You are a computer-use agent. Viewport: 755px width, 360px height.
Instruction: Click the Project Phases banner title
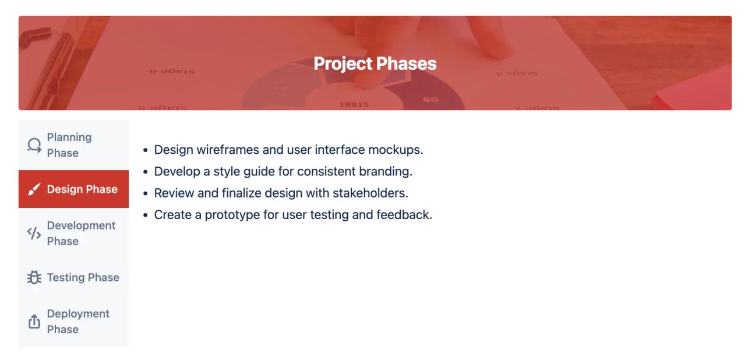(375, 63)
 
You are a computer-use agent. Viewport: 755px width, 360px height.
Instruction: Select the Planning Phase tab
(73, 145)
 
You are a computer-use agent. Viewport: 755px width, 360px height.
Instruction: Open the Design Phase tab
(73, 189)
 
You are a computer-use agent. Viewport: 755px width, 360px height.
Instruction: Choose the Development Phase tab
(73, 233)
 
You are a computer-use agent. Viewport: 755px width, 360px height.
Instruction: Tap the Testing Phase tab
(73, 277)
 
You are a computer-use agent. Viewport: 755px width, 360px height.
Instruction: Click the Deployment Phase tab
(73, 321)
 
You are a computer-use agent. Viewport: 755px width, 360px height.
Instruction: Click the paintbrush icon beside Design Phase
(34, 190)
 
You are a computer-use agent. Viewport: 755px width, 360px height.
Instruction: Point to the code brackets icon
(34, 234)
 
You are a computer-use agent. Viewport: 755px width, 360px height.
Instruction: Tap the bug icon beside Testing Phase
(34, 278)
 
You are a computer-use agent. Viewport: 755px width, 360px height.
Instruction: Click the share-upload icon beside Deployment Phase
(34, 322)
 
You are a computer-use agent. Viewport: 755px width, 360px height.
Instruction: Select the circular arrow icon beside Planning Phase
(34, 146)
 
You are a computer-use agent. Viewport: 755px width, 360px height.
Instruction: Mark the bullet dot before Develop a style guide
(146, 172)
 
